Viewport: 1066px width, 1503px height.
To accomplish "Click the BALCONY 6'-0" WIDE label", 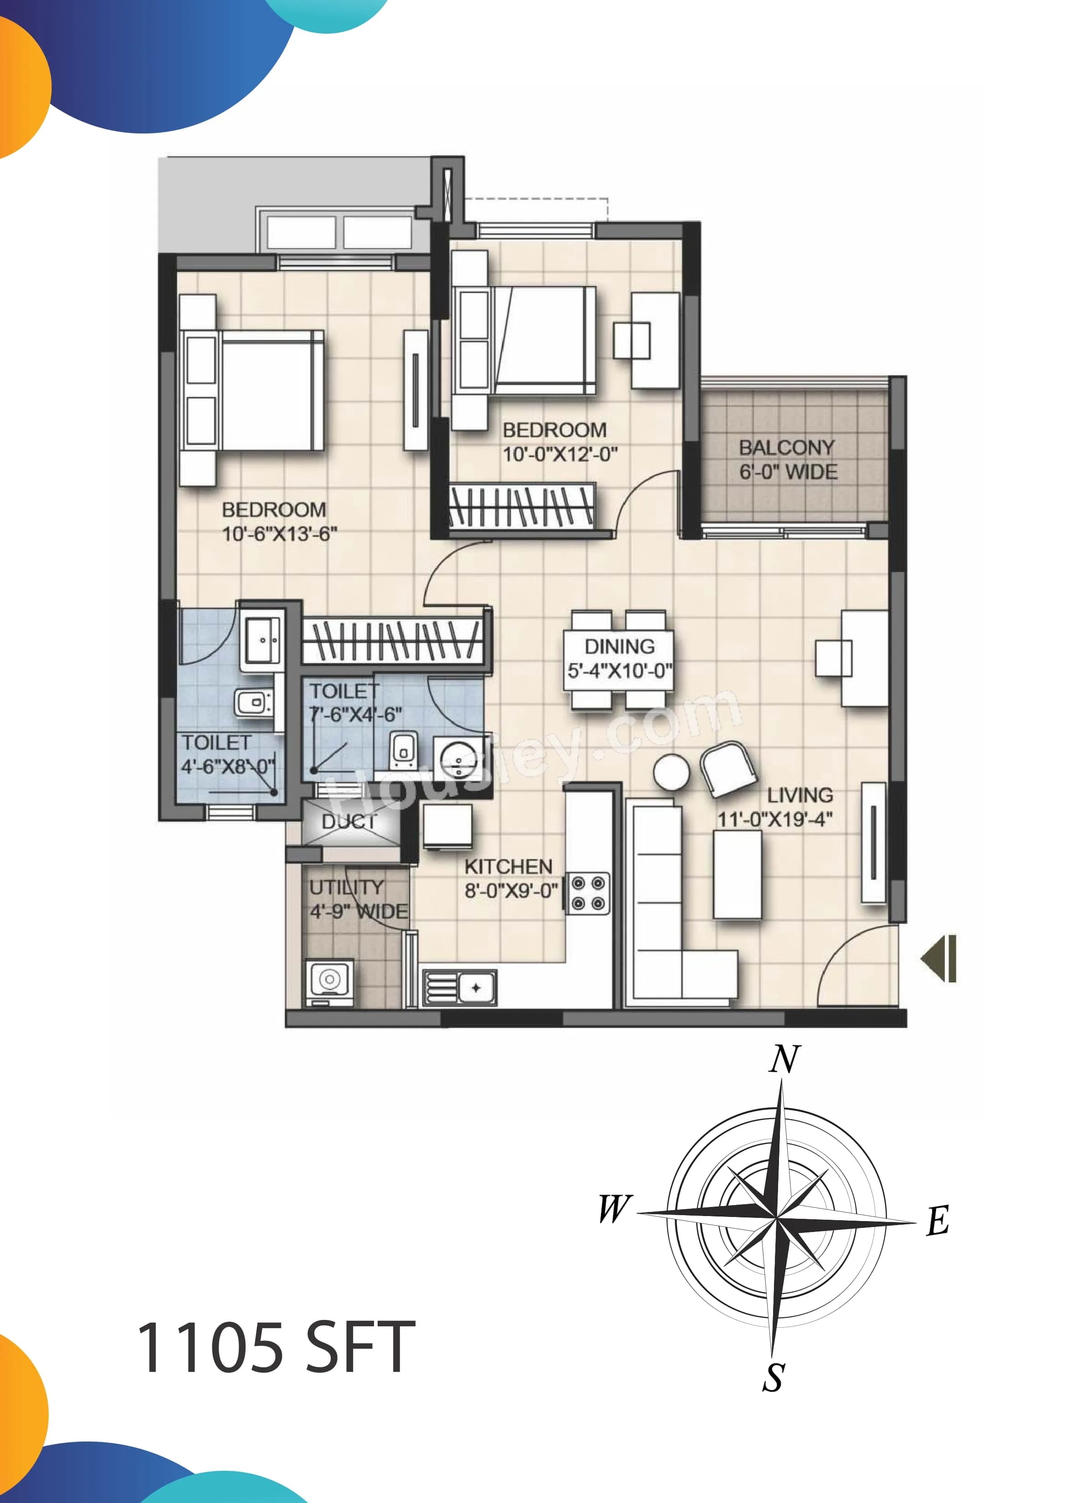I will click(x=788, y=460).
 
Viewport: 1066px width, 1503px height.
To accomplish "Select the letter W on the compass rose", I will click(x=615, y=1208).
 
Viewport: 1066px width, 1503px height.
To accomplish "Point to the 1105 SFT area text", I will click(x=276, y=1349).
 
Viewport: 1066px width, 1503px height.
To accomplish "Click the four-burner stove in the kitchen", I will click(x=588, y=893).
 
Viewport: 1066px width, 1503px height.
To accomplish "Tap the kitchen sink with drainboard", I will click(x=460, y=987).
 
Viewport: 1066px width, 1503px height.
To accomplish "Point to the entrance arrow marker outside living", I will click(x=940, y=959).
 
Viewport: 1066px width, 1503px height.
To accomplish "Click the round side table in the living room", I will click(x=671, y=772).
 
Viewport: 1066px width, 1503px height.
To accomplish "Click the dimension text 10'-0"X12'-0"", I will click(x=560, y=454).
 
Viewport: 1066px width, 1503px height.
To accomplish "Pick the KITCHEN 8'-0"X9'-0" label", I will click(x=509, y=878).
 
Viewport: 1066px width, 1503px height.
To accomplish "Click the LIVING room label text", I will click(x=799, y=796).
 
